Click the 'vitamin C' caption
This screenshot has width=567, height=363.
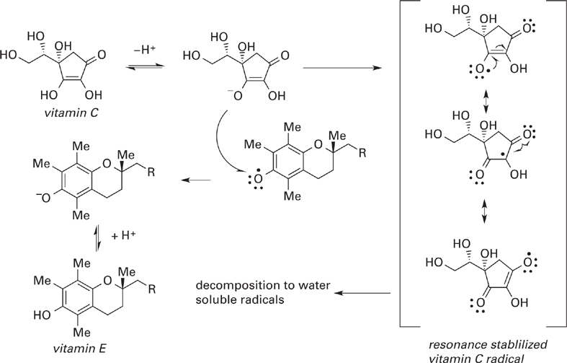coord(71,113)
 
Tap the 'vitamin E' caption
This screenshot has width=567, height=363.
coord(79,349)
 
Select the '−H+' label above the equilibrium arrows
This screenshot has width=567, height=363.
coord(144,50)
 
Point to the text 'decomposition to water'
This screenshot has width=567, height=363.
coord(263,286)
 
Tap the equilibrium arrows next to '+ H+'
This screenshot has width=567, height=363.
coord(97,237)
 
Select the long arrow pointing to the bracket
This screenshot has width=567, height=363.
coord(341,68)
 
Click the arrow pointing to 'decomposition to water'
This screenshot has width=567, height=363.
coord(362,293)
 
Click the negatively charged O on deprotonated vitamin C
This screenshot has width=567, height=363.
coord(237,96)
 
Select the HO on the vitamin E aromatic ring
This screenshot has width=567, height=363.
coord(42,315)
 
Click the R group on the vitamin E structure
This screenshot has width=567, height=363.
coord(152,289)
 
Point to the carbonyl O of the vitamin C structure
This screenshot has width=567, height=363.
coord(102,55)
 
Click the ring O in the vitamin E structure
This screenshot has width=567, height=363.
coord(107,281)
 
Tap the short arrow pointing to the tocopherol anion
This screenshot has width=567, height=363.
coord(196,180)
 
